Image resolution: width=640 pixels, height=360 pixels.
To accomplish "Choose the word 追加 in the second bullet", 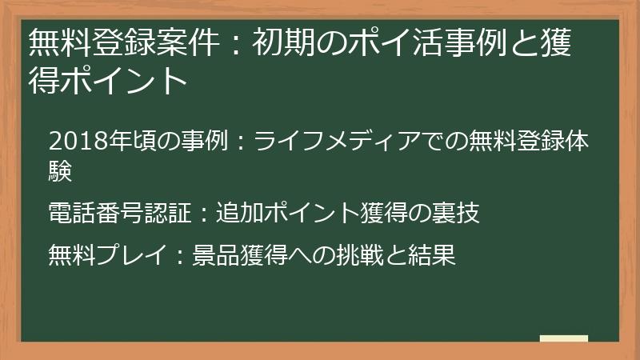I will click(239, 214).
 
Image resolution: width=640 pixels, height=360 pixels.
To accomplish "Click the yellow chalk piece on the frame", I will click(564, 340).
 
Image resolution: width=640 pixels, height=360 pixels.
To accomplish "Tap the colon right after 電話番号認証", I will click(204, 214).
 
